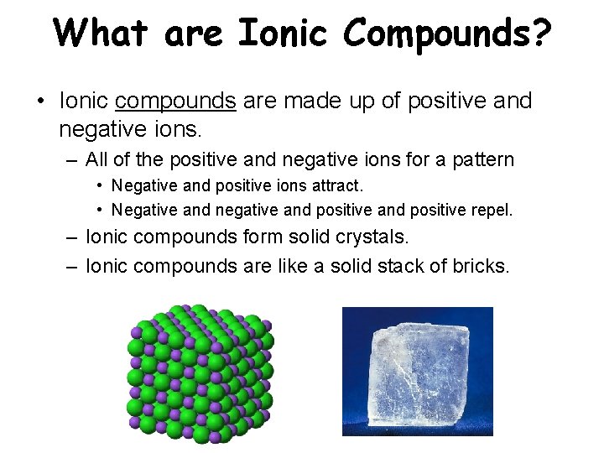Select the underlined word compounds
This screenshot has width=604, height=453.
(x=175, y=102)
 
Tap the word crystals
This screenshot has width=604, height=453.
(x=367, y=237)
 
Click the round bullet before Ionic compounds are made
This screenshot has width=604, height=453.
(x=39, y=102)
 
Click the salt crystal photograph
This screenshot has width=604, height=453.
(x=417, y=371)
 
